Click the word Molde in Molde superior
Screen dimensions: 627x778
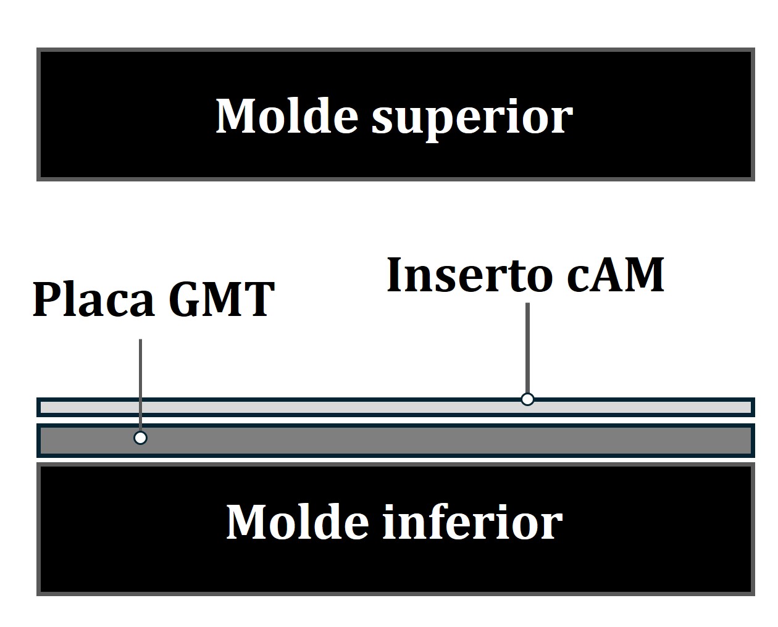[x=287, y=115]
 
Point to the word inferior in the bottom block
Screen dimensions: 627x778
[x=473, y=522]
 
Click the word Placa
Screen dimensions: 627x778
[x=93, y=299]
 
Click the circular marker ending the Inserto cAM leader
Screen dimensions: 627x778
[x=527, y=399]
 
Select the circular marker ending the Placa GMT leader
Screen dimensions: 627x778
[x=141, y=438]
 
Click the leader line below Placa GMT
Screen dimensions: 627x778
[x=141, y=383]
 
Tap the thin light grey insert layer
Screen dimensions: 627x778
[x=309, y=407]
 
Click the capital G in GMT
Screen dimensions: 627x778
[x=186, y=299]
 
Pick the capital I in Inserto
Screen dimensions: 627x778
[x=396, y=275]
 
